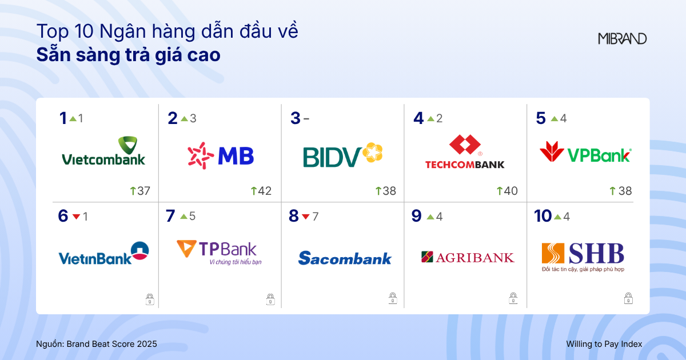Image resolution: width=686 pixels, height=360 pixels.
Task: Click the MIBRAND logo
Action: point(622,39)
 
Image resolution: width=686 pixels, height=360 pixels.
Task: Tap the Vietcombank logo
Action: point(103,151)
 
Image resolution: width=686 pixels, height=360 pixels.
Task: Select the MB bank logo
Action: point(221,155)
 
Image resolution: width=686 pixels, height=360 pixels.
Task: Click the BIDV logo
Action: point(342,155)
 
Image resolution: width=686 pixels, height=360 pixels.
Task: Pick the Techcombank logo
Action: point(465,152)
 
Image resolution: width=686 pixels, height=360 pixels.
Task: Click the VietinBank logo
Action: point(103,255)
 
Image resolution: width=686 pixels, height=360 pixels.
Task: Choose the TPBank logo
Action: point(217,253)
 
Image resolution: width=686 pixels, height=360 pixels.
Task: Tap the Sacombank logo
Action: point(345,258)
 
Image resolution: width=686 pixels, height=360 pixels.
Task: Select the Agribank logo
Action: point(467,257)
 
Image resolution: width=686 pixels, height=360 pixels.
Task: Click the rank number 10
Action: point(543,216)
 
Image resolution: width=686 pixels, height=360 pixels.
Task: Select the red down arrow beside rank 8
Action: point(306,217)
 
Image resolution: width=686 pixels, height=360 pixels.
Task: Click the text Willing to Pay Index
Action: point(604,344)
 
